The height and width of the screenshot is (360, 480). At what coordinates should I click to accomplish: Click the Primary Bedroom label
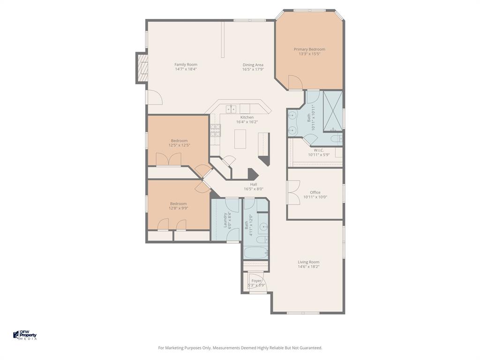309,49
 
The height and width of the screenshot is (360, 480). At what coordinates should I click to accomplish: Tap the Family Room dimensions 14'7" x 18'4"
186,69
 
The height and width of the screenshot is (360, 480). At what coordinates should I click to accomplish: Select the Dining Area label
253,65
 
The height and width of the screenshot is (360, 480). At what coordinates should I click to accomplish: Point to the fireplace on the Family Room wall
142,68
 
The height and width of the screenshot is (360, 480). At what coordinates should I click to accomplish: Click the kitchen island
240,139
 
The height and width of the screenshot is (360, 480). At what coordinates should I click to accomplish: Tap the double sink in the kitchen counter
231,109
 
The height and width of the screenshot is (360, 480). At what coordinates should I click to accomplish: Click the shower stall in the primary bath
333,111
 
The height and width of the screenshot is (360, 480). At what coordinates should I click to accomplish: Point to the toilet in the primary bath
336,139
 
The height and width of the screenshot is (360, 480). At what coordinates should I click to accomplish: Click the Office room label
315,192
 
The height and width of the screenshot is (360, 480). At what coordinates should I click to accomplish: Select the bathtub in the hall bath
256,253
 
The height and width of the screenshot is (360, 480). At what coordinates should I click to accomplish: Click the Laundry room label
225,220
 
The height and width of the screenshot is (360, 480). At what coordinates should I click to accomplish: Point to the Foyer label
256,281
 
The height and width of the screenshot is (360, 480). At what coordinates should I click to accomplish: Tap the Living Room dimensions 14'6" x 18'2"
308,267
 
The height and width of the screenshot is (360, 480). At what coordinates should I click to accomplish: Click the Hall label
253,184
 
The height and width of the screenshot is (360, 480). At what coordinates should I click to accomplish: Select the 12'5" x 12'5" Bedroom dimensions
179,145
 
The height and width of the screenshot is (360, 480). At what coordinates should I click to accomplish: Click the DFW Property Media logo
25,335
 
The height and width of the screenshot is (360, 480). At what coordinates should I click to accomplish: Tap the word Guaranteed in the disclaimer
310,348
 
